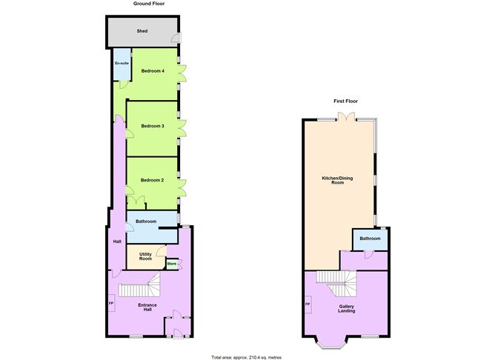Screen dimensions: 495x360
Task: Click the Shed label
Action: pos(142,31)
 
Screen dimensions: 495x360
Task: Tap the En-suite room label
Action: pos(122,64)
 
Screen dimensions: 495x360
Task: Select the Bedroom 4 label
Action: pos(153,71)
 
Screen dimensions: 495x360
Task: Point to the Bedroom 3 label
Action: pos(153,126)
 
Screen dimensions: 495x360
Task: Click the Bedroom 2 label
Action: pos(152,180)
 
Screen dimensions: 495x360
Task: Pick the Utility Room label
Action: pos(145,256)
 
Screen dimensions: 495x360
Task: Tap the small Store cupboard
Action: pos(172,264)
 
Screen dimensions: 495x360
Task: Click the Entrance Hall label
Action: pos(147,307)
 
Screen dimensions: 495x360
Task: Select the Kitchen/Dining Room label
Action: pos(337,180)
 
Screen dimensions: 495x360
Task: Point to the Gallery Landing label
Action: pos(347,309)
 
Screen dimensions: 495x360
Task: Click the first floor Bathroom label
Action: pos(370,239)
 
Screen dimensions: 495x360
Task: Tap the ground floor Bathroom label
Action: pos(146,221)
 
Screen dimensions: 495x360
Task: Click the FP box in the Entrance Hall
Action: pos(111,303)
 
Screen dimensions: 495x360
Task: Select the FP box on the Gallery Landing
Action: pos(308,304)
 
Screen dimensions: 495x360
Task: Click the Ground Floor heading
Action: pos(149,4)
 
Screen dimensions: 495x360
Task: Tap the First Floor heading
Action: pos(345,101)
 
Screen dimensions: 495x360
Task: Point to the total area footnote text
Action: pos(247,358)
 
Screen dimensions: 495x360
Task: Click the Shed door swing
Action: pos(176,38)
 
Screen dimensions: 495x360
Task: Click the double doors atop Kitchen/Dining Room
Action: pos(346,116)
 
